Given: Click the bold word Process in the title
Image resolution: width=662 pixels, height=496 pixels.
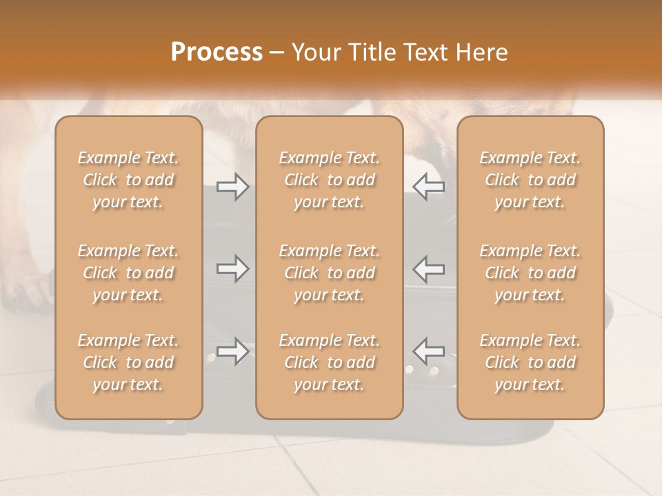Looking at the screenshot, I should pyautogui.click(x=217, y=52).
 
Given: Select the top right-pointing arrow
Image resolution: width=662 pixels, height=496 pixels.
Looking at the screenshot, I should pyautogui.click(x=232, y=187).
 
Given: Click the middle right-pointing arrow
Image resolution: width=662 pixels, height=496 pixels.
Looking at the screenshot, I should pyautogui.click(x=232, y=268).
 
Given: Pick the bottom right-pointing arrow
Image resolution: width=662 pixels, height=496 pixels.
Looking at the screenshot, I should pyautogui.click(x=232, y=351).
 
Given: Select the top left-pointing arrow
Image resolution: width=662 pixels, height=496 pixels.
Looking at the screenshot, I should pyautogui.click(x=429, y=187).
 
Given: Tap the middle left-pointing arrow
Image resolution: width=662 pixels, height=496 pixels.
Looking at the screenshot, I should pyautogui.click(x=429, y=268).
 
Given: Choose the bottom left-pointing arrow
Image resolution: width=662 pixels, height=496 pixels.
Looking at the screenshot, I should pyautogui.click(x=429, y=351).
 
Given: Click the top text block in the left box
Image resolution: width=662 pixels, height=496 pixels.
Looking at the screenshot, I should pyautogui.click(x=128, y=180).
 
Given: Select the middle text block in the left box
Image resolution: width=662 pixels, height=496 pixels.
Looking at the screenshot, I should pyautogui.click(x=128, y=273).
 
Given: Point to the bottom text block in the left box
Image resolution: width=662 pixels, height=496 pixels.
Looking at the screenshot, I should pyautogui.click(x=128, y=362).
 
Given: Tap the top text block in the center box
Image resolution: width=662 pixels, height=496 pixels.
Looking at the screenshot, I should pyautogui.click(x=330, y=180).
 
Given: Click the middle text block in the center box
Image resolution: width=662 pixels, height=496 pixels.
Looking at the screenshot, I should pyautogui.click(x=330, y=273).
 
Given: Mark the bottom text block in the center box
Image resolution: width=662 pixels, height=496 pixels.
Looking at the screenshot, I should pyautogui.click(x=330, y=362).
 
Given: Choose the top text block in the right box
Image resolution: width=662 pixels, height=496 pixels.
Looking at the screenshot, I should pyautogui.click(x=530, y=180).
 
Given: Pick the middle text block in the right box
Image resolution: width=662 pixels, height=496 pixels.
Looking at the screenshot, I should pyautogui.click(x=530, y=273).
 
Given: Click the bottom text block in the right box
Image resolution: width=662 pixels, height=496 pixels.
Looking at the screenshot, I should pyautogui.click(x=530, y=362).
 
